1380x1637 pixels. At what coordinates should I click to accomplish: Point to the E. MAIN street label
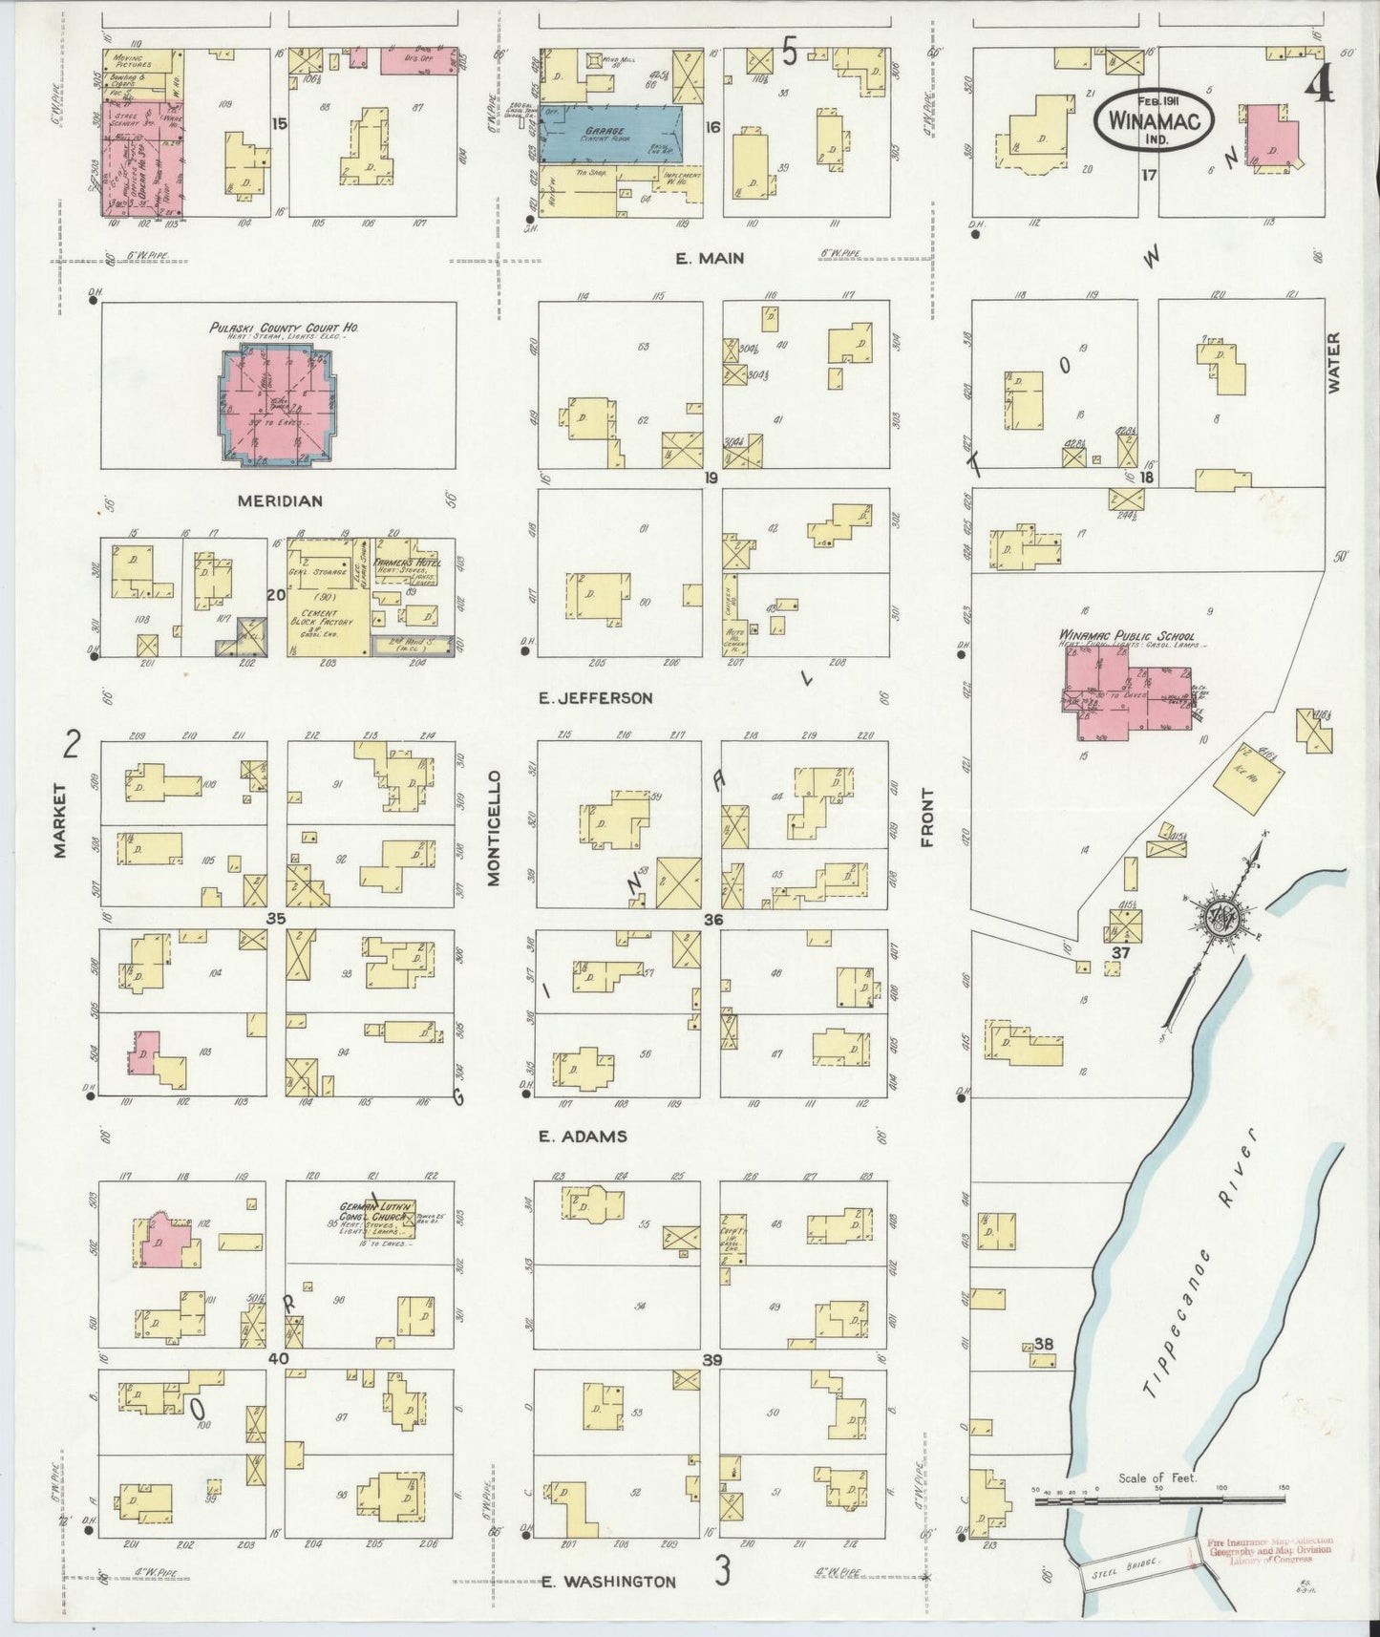pyautogui.click(x=710, y=258)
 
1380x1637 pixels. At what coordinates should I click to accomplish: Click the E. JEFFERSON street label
pyautogui.click(x=596, y=698)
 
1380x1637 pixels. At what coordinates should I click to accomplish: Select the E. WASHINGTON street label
pyautogui.click(x=608, y=1582)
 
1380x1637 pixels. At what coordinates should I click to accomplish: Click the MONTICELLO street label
pyautogui.click(x=494, y=831)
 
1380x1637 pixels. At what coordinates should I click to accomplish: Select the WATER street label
pyautogui.click(x=1333, y=362)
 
